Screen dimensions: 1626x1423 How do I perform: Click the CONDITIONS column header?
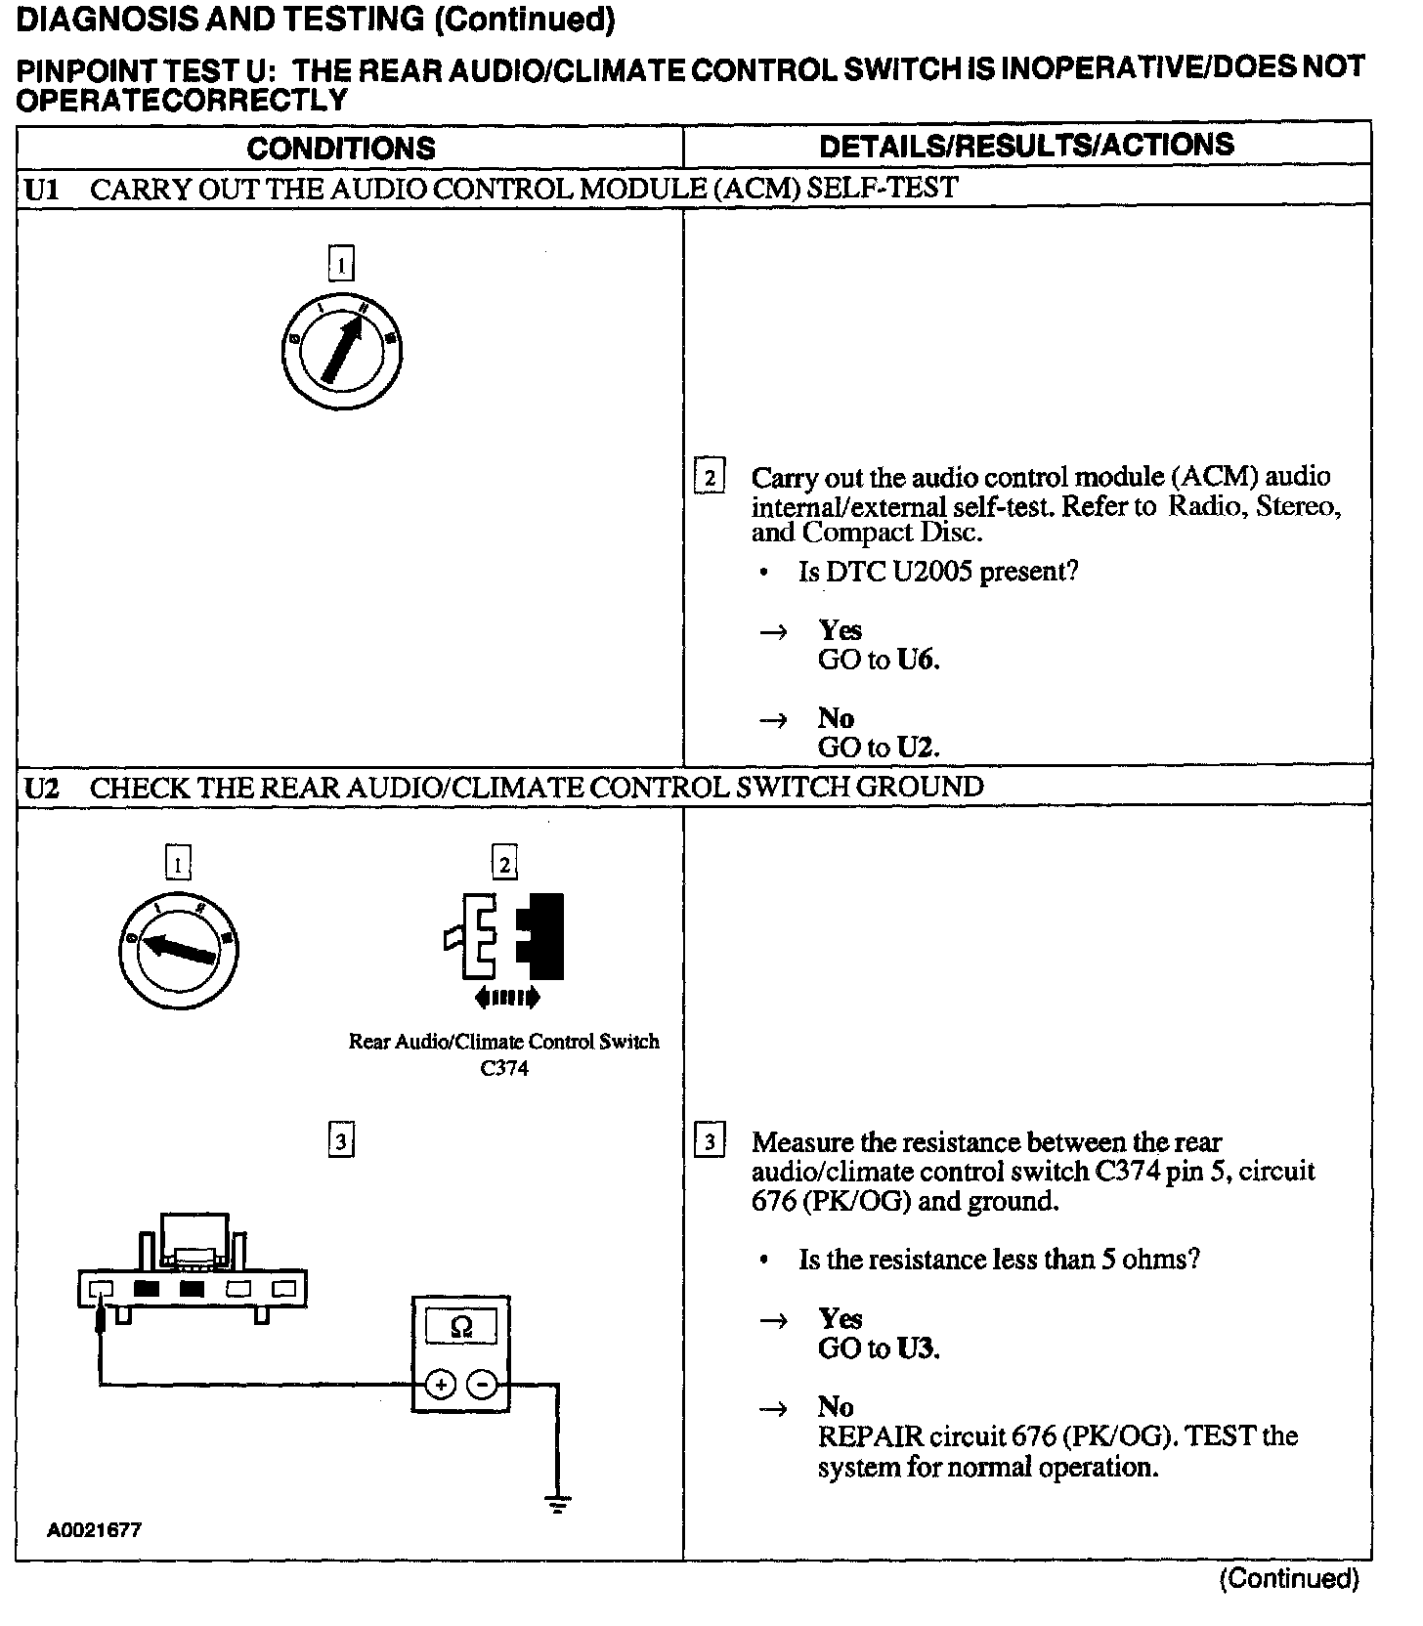pyautogui.click(x=340, y=149)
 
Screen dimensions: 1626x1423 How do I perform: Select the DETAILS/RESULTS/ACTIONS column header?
pyautogui.click(x=1026, y=146)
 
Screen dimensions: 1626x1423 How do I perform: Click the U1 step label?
pyautogui.click(x=41, y=189)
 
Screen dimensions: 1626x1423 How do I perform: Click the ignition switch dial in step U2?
pyautogui.click(x=178, y=947)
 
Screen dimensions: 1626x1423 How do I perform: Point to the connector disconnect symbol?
pyautogui.click(x=505, y=938)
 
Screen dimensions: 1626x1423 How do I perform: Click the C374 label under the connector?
pyautogui.click(x=504, y=1068)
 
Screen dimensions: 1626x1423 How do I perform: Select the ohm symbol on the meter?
pyautogui.click(x=461, y=1326)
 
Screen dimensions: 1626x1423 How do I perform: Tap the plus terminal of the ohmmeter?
pyautogui.click(x=441, y=1384)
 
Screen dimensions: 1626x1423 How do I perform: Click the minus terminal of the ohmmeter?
pyautogui.click(x=482, y=1384)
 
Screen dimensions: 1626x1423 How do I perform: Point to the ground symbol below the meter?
pyautogui.click(x=558, y=1505)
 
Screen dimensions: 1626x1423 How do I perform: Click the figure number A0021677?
pyautogui.click(x=94, y=1530)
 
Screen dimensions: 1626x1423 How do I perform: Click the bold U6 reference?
pyautogui.click(x=917, y=661)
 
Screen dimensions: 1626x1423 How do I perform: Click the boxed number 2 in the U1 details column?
pyautogui.click(x=710, y=478)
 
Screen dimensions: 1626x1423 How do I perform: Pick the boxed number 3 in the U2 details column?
pyautogui.click(x=710, y=1142)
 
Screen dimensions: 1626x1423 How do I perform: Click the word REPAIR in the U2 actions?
pyautogui.click(x=870, y=1436)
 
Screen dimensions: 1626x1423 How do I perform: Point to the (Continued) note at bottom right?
pyautogui.click(x=1288, y=1578)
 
